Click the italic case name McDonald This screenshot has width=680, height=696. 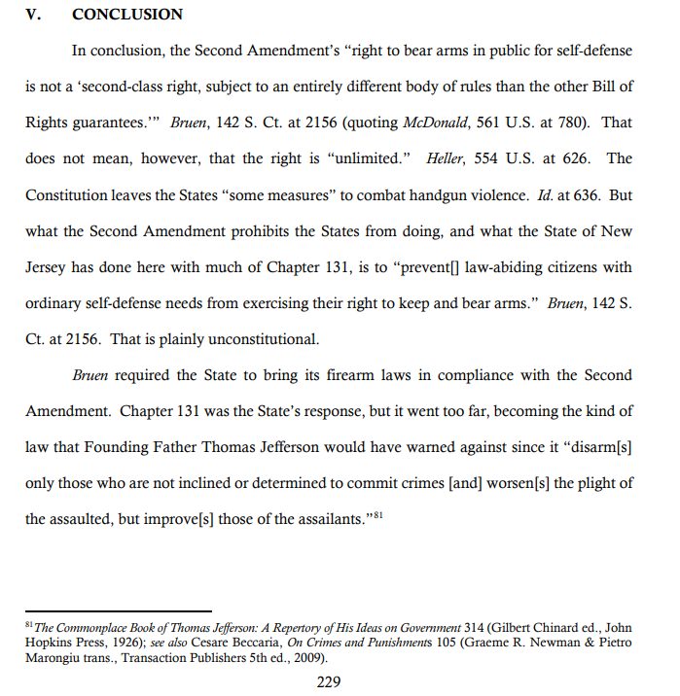(434, 125)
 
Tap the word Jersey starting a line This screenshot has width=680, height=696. (46, 266)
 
